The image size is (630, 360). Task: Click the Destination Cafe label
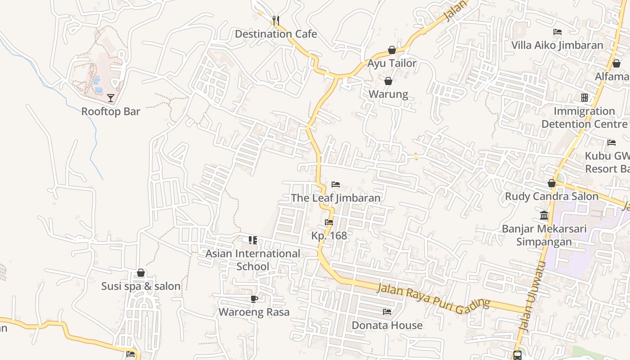point(276,34)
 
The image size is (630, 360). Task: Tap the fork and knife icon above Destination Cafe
point(276,20)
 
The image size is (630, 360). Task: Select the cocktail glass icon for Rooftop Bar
point(111,98)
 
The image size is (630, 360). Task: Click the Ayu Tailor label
point(392,63)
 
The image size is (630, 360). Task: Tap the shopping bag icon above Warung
point(388,81)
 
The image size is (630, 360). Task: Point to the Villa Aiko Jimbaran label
point(557,45)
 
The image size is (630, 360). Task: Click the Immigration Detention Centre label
point(584,117)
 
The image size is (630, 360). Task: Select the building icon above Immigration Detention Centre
point(584,98)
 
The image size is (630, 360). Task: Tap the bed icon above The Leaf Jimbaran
point(336,184)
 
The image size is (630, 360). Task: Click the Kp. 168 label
point(329,236)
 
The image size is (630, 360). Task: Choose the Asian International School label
point(253,260)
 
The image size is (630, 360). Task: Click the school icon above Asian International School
point(253,240)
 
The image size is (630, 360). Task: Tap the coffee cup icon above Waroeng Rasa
point(254,299)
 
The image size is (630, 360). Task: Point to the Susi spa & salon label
point(141,286)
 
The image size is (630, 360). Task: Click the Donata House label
point(387,325)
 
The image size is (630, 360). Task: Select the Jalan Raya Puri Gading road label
point(433,299)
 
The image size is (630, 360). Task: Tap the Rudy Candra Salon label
point(552,197)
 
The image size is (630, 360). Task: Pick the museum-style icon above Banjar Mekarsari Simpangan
point(544,215)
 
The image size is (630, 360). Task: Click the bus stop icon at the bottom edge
point(517,355)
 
